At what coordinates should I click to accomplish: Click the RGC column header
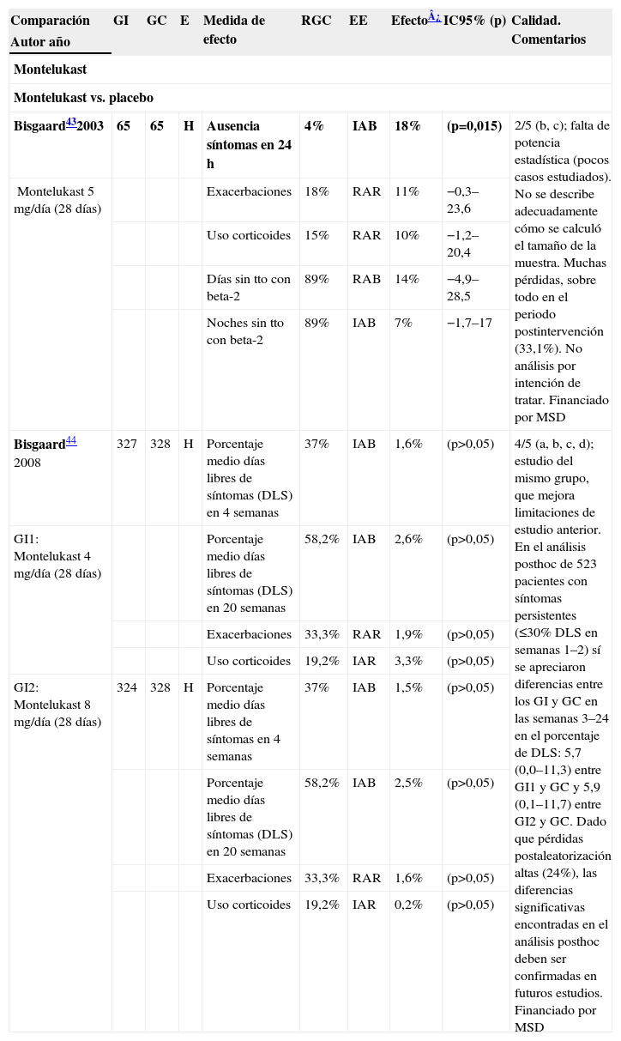coord(316,21)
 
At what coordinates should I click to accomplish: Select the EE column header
coord(358,21)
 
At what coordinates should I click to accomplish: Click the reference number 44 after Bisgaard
coord(72,441)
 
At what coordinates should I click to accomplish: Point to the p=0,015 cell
coord(473,126)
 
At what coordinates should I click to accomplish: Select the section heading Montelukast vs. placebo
coord(83,98)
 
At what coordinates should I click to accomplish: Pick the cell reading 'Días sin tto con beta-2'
coord(248,287)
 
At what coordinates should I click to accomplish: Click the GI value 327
coord(127,445)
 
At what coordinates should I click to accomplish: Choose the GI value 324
coord(127,687)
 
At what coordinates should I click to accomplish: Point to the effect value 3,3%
coord(407,661)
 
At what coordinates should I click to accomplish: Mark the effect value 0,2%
coord(407,905)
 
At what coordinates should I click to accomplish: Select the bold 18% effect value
coord(407,126)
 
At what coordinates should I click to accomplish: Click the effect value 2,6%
coord(407,539)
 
